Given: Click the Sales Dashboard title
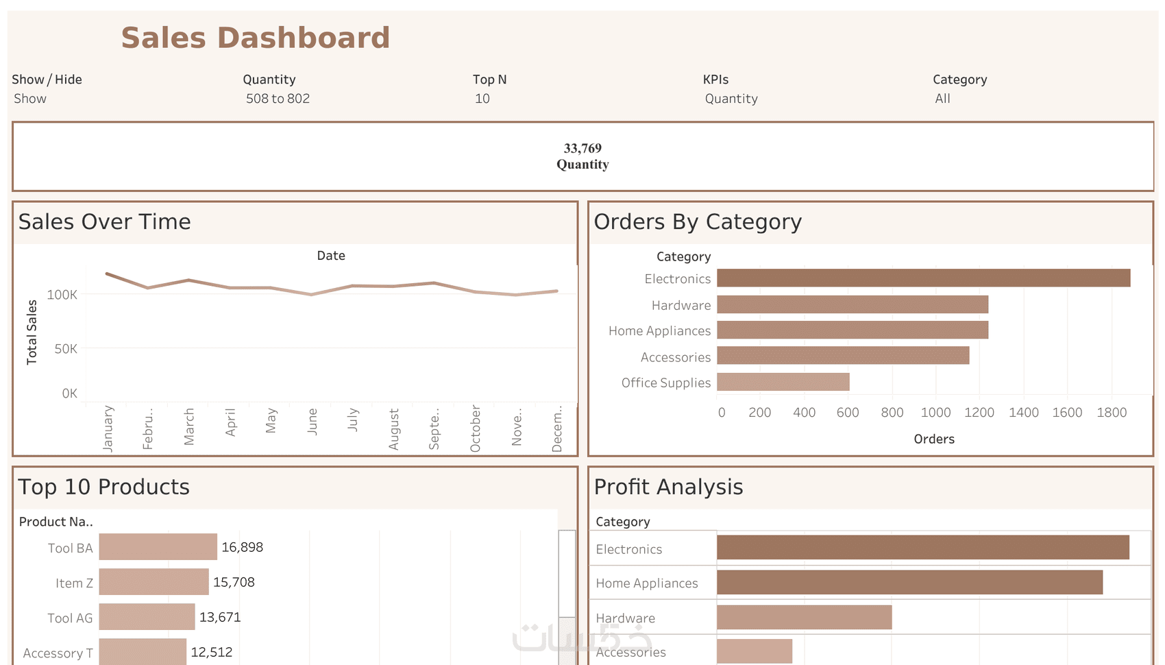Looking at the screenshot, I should pyautogui.click(x=255, y=38).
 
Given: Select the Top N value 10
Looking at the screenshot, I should pyautogui.click(x=482, y=99).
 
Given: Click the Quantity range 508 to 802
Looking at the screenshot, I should pyautogui.click(x=278, y=99).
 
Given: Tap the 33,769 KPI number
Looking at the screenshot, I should pyautogui.click(x=582, y=148).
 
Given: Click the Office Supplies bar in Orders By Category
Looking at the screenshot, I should pyautogui.click(x=783, y=382).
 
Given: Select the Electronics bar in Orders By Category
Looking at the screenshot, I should pyautogui.click(x=923, y=278).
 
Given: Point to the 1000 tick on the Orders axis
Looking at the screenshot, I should pyautogui.click(x=935, y=412).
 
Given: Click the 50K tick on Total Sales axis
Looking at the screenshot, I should pyautogui.click(x=66, y=349).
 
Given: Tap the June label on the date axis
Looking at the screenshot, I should pyautogui.click(x=312, y=422).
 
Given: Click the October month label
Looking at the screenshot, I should pyautogui.click(x=476, y=428).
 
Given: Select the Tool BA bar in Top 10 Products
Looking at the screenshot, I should pyautogui.click(x=158, y=547).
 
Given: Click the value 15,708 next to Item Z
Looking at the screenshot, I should pyautogui.click(x=234, y=582).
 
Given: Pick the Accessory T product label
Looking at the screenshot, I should pyautogui.click(x=58, y=653).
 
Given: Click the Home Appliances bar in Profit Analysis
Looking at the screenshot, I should pyautogui.click(x=909, y=583).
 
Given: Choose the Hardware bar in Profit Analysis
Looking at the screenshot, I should pyautogui.click(x=804, y=617).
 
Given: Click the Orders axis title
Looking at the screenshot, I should pyautogui.click(x=934, y=439).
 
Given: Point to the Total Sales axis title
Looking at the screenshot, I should pyautogui.click(x=32, y=332).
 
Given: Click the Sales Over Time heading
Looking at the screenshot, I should pyautogui.click(x=105, y=221).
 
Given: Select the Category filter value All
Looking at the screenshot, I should pyautogui.click(x=942, y=99).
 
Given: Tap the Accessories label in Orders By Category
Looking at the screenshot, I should pyautogui.click(x=675, y=357).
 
